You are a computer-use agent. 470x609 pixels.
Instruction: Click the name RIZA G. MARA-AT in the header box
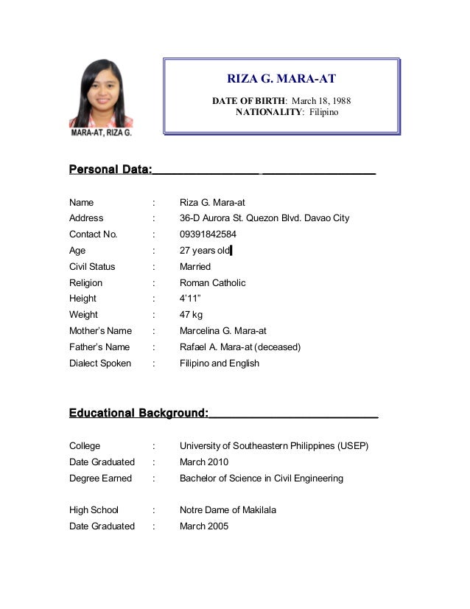[281, 78]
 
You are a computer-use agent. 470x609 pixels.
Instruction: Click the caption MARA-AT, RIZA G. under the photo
[101, 133]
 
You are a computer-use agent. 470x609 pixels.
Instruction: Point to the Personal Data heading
[111, 170]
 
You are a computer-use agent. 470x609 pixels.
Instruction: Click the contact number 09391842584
[208, 234]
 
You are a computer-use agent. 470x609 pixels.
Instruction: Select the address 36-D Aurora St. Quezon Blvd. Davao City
[264, 218]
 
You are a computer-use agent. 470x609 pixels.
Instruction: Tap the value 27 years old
[205, 251]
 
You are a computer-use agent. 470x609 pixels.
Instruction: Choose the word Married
[195, 267]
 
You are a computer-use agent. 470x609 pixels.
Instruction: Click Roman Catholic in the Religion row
[213, 283]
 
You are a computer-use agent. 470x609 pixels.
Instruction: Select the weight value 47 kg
[191, 315]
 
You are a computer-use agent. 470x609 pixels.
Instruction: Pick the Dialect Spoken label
[100, 363]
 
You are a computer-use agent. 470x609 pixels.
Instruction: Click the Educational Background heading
[138, 414]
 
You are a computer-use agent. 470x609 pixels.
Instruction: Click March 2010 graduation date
[204, 462]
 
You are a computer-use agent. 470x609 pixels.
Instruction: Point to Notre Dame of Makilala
[228, 510]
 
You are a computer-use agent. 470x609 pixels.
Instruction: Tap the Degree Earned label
[101, 478]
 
